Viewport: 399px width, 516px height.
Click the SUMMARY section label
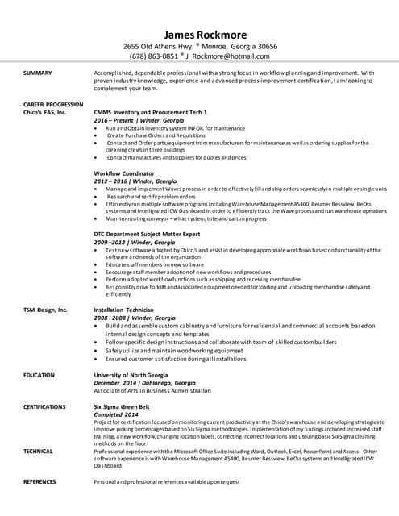pyautogui.click(x=38, y=73)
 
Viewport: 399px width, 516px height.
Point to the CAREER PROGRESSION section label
pyautogui.click(x=53, y=105)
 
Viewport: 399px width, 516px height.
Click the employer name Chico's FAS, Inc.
pyautogui.click(x=45, y=112)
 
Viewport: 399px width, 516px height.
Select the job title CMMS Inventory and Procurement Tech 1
pyautogui.click(x=151, y=112)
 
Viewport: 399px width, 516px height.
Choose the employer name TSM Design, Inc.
pyautogui.click(x=45, y=310)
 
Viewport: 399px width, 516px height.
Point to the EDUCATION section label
pyautogui.click(x=39, y=375)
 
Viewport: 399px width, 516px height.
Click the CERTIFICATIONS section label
pyautogui.click(x=44, y=406)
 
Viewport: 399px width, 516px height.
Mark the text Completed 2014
pyautogui.click(x=116, y=414)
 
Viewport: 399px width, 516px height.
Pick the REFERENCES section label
pyautogui.click(x=40, y=481)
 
